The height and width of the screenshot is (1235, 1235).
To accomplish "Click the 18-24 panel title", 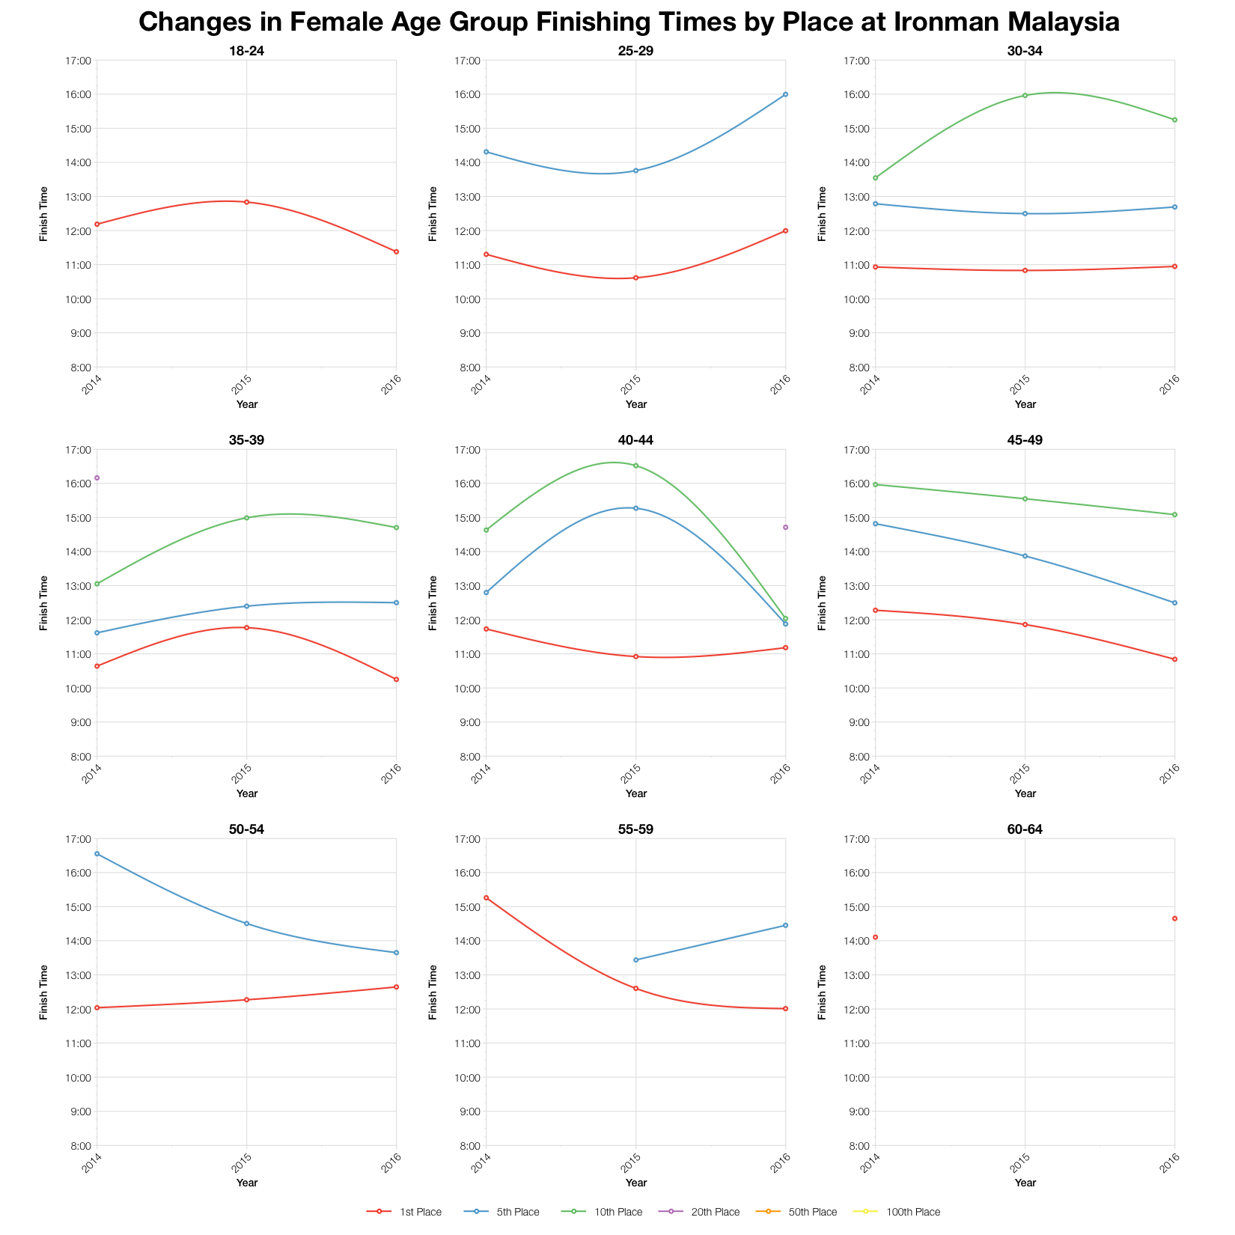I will coord(246,51).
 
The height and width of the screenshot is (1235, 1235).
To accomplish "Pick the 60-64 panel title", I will coord(1025,829).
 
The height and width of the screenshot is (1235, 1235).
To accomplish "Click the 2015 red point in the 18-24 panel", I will coord(246,202).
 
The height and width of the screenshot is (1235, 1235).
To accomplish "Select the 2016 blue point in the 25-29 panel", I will coord(785,94).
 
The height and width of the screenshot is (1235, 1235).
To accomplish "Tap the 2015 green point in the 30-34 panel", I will coord(1025,95).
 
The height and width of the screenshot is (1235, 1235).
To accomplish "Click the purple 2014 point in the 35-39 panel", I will coord(97,478).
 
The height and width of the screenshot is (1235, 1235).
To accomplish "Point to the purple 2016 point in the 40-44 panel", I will coord(785,527).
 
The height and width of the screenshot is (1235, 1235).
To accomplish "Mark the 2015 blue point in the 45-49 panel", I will coord(1025,556).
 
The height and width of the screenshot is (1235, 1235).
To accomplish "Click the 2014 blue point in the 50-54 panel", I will coord(97,853).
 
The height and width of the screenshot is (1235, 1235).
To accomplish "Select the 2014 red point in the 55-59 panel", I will coord(487,897).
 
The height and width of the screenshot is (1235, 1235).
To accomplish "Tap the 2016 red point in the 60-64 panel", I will coord(1174,918).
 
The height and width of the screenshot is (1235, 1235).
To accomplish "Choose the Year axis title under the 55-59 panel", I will coord(635,1183).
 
